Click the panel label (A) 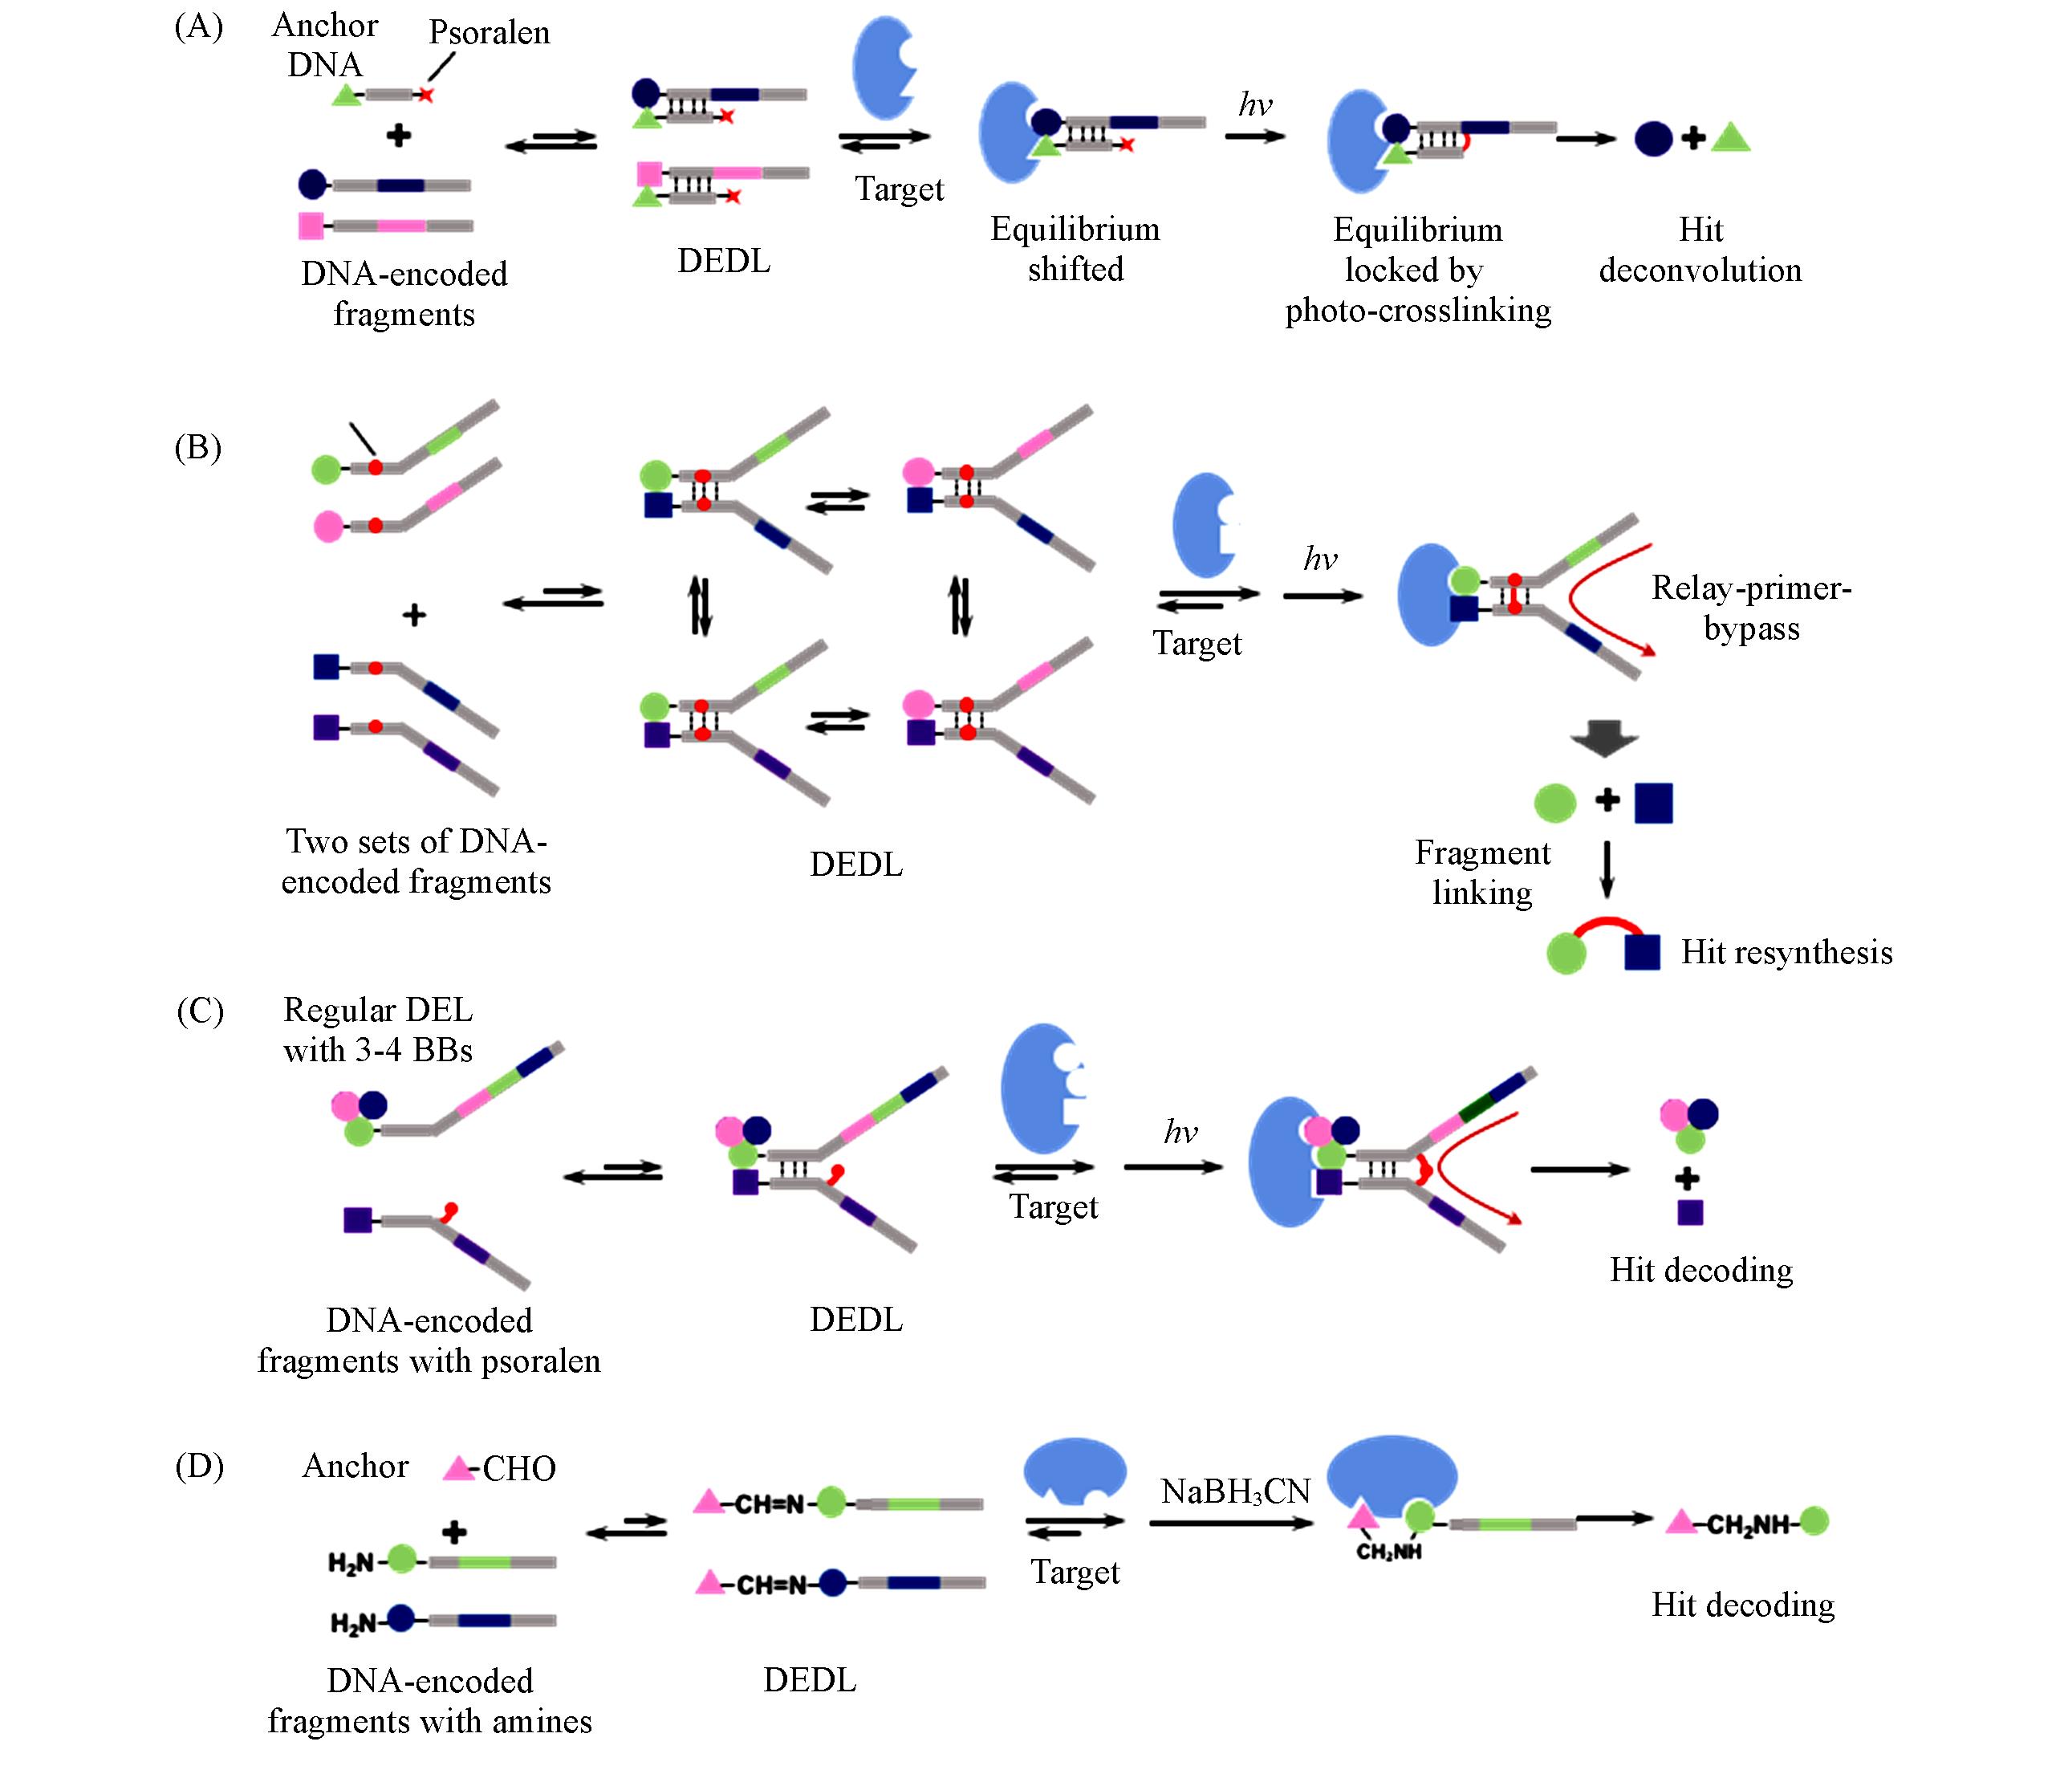(199, 26)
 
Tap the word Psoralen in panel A (490, 33)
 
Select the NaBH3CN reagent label (1236, 1491)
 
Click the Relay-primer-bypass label (1751, 608)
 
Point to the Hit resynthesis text (1786, 953)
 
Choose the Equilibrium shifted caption (1075, 249)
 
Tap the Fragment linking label (1482, 872)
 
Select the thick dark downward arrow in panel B (1603, 739)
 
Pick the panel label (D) (199, 1467)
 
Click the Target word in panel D (1075, 1572)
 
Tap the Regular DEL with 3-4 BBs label (378, 1030)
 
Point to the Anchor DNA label (325, 45)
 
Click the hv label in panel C (1180, 1132)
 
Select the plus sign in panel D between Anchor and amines (454, 1532)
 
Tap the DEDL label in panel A (724, 261)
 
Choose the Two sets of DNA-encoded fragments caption (416, 861)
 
